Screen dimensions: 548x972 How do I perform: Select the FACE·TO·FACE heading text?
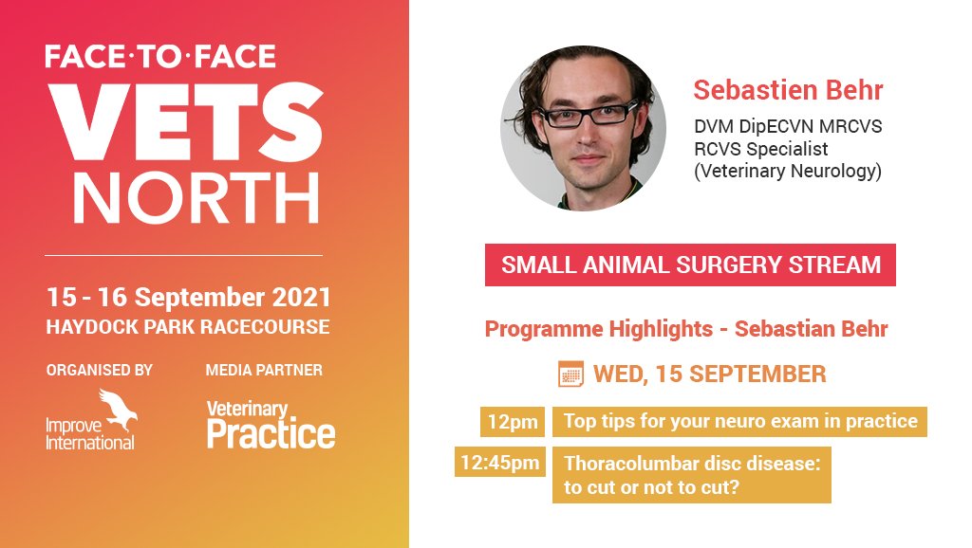tap(160, 57)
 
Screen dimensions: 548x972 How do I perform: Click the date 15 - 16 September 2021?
tap(189, 297)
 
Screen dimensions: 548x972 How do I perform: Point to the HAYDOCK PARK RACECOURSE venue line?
tap(188, 327)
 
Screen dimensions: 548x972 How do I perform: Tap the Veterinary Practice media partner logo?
tap(271, 424)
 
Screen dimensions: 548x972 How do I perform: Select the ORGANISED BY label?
tap(100, 370)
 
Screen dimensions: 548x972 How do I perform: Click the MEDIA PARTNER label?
tap(264, 370)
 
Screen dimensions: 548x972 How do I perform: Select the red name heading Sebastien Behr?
tap(788, 90)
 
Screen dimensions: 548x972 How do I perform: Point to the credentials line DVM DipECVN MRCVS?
tap(788, 126)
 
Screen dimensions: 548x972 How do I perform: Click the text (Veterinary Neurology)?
tap(787, 172)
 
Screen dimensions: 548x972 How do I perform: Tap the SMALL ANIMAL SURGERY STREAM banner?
tap(690, 265)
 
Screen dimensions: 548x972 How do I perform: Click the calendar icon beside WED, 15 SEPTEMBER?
tap(570, 374)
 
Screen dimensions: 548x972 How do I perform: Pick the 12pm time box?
tap(512, 421)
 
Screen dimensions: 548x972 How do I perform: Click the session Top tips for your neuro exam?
tap(739, 421)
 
